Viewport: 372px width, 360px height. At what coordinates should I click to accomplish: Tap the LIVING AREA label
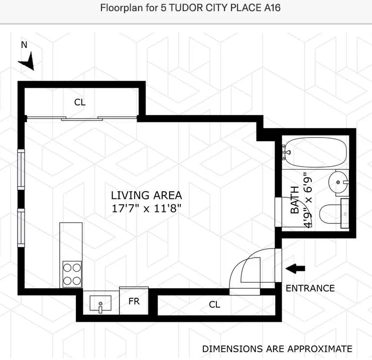tap(147, 195)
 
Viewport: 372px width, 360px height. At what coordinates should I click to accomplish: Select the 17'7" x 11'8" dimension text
tap(147, 207)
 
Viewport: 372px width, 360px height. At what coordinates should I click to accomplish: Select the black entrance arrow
tap(295, 269)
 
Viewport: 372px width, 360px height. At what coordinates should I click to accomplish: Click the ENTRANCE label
tap(310, 288)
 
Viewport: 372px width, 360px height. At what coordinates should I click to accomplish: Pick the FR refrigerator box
tap(134, 302)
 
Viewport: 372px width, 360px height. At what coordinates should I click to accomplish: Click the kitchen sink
tap(100, 303)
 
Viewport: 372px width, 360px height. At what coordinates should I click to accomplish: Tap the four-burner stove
tap(72, 275)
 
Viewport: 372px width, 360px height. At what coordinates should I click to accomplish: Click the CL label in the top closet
tap(80, 102)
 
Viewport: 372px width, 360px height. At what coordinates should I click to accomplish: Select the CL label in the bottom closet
tap(214, 304)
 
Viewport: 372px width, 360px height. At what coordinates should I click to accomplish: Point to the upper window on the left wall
tap(21, 169)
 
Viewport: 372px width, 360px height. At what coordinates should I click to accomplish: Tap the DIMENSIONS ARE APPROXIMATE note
tap(277, 348)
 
